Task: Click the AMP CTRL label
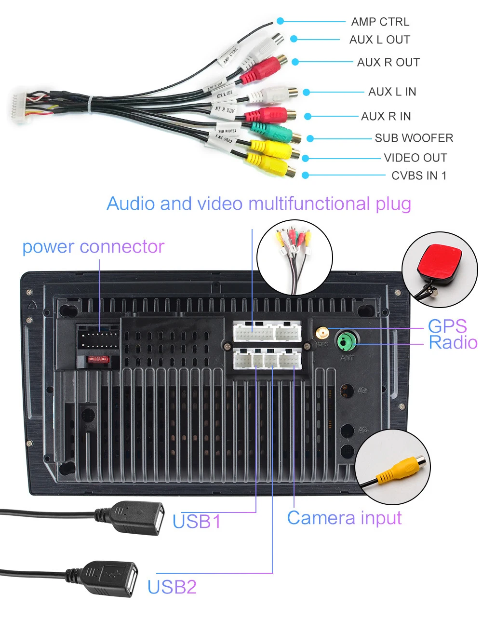(x=380, y=22)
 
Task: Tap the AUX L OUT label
(x=380, y=40)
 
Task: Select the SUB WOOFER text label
(x=414, y=138)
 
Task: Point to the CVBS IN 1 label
(x=419, y=175)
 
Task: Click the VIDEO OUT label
(x=415, y=158)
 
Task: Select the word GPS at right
(x=447, y=326)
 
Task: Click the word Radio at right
(x=453, y=343)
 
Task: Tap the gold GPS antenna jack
(x=321, y=333)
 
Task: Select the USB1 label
(x=197, y=521)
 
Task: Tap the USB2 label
(x=172, y=587)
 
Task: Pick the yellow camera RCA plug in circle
(x=400, y=470)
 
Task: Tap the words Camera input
(x=344, y=518)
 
